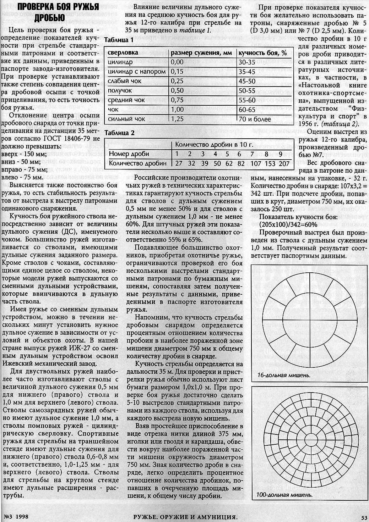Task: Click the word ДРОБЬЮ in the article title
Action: [49, 18]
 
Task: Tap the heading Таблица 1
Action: [119, 40]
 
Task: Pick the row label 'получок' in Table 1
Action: [121, 90]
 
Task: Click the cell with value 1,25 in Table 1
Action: [177, 119]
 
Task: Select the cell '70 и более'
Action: [255, 119]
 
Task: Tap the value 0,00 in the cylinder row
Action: [177, 62]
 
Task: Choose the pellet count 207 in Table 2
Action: [284, 163]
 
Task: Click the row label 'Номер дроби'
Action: [129, 154]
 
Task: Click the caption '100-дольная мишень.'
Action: [284, 495]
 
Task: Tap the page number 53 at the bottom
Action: [364, 516]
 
